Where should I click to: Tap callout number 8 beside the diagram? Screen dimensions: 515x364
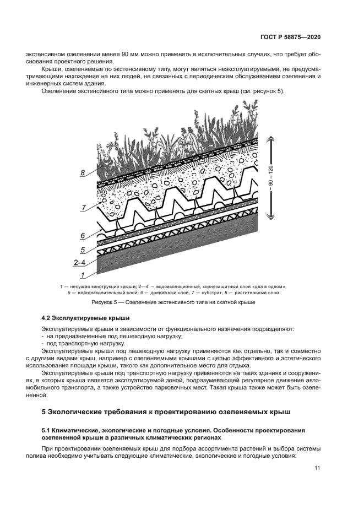click(x=83, y=173)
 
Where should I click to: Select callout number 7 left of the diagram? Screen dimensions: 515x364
click(x=84, y=208)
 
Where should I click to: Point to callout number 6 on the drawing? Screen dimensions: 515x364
click(x=83, y=235)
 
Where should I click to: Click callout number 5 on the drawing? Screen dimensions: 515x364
click(x=83, y=250)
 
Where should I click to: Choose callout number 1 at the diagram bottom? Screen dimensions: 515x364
click(x=83, y=274)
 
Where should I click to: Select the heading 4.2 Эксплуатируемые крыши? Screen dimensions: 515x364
click(x=85, y=318)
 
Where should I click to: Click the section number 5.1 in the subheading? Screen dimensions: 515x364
click(x=47, y=429)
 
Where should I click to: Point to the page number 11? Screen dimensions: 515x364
click(x=317, y=468)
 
